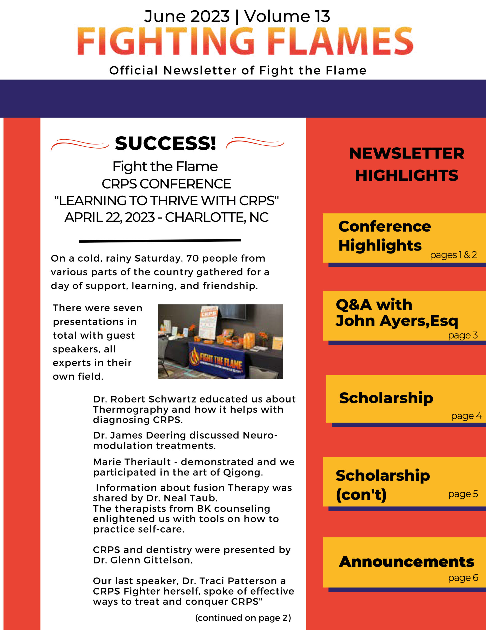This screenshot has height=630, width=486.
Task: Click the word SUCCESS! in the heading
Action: [x=165, y=143]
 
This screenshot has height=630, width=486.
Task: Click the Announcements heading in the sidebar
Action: [x=406, y=562]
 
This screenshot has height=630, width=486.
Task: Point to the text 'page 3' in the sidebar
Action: [x=463, y=335]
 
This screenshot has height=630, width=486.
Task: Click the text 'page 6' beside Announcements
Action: [x=463, y=578]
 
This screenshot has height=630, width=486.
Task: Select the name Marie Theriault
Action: [x=132, y=462]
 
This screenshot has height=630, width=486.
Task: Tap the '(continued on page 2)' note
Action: [x=243, y=618]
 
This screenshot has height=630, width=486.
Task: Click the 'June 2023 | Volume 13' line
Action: [x=237, y=16]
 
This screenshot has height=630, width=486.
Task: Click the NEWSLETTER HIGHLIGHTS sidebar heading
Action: [x=406, y=164]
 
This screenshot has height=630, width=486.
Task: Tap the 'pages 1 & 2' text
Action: [x=453, y=255]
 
